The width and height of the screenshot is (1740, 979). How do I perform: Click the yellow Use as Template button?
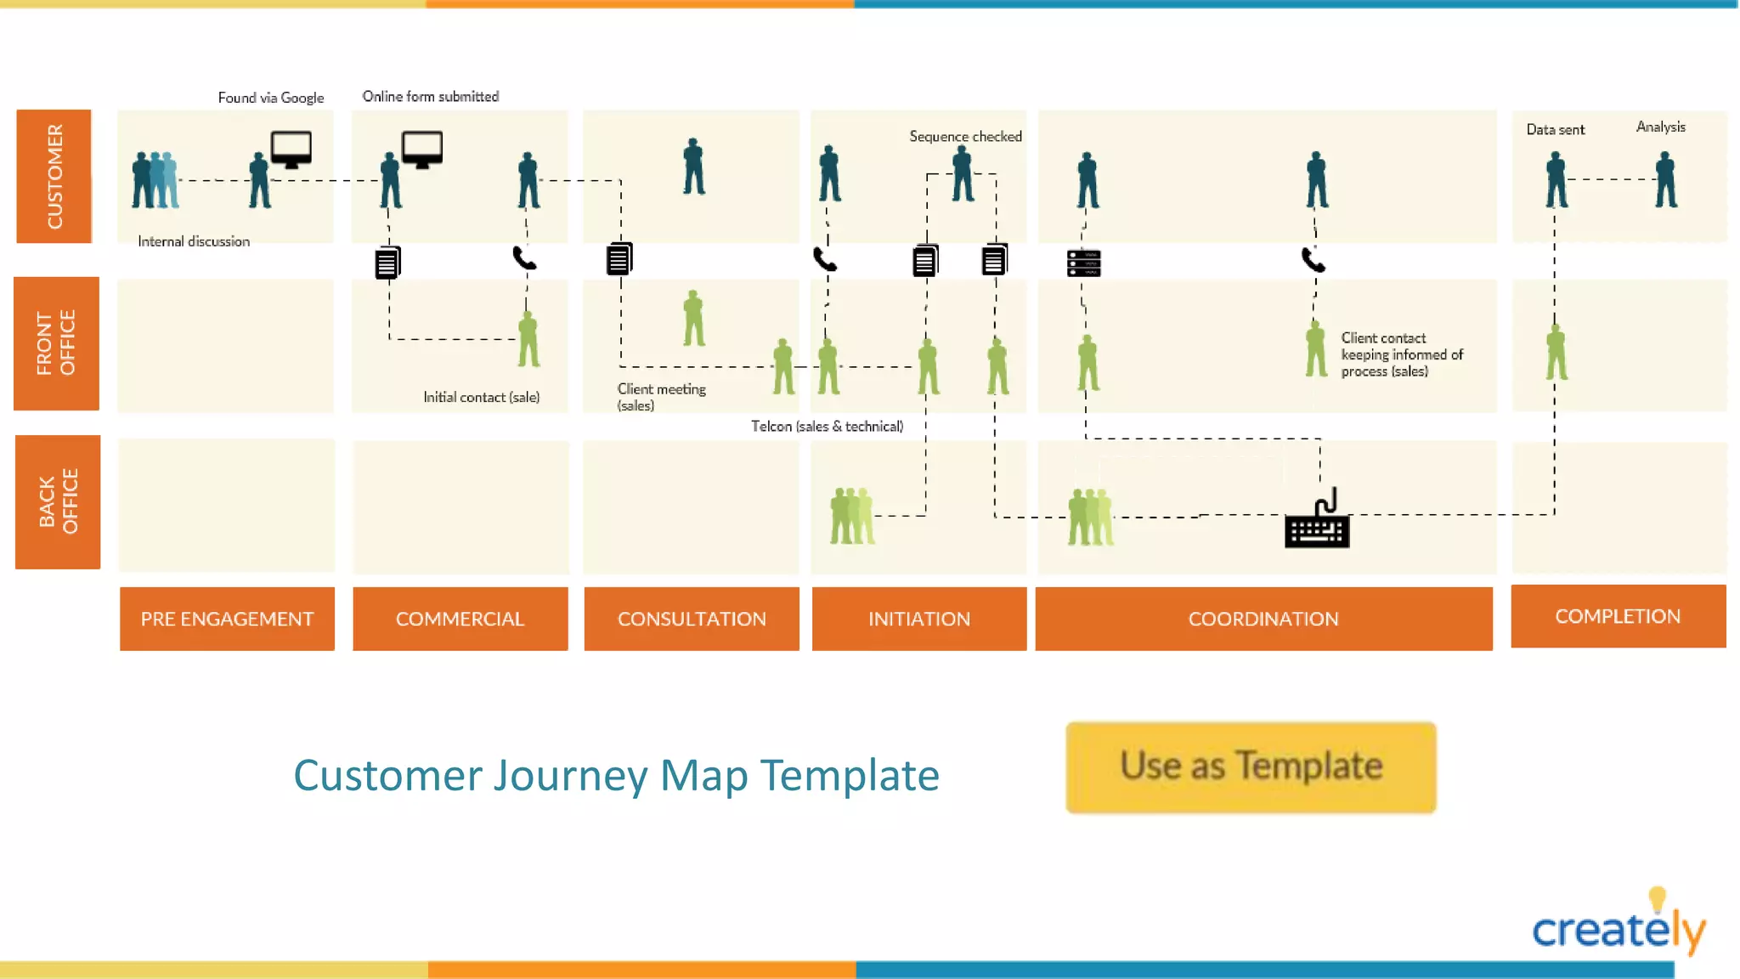(1251, 767)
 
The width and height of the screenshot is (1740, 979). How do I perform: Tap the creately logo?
(1619, 926)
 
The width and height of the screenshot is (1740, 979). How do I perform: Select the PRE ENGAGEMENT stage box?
(227, 619)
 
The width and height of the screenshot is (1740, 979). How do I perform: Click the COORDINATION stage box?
(1263, 619)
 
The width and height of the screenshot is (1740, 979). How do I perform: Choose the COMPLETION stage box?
(1618, 616)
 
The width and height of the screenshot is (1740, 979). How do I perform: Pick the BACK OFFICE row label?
(58, 501)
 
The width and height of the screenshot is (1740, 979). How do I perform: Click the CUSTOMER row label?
(54, 176)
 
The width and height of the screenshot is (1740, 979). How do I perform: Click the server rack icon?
(1083, 263)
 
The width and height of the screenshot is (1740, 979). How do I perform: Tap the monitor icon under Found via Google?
(291, 150)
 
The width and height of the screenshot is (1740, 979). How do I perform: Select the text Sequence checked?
(965, 137)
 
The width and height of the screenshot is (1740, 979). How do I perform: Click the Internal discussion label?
(194, 241)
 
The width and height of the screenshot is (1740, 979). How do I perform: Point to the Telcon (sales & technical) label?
(827, 426)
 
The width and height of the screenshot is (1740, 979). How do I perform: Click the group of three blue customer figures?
(155, 180)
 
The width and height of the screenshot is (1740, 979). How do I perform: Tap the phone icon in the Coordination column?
(1313, 259)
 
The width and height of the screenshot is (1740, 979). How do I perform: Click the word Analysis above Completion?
(1660, 127)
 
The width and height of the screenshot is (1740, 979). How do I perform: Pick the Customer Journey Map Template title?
(616, 775)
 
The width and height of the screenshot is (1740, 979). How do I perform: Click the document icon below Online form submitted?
(387, 263)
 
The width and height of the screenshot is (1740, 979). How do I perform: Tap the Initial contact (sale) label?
(481, 397)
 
